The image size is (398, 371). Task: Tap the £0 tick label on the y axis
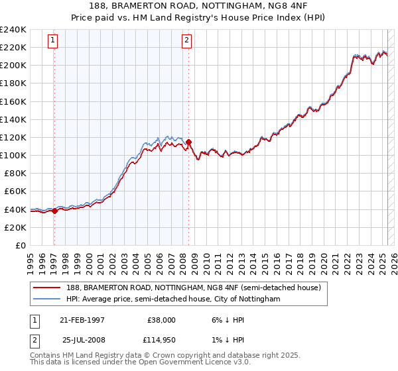click(x=20, y=245)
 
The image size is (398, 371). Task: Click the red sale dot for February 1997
click(x=54, y=211)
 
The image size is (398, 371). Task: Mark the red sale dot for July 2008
click(x=189, y=142)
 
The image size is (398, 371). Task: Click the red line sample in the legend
click(x=46, y=288)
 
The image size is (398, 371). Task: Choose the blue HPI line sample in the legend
click(x=46, y=299)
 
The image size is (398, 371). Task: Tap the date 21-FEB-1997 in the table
click(x=82, y=320)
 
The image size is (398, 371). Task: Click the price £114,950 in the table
click(x=161, y=340)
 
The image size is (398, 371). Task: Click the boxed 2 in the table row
click(x=33, y=340)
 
